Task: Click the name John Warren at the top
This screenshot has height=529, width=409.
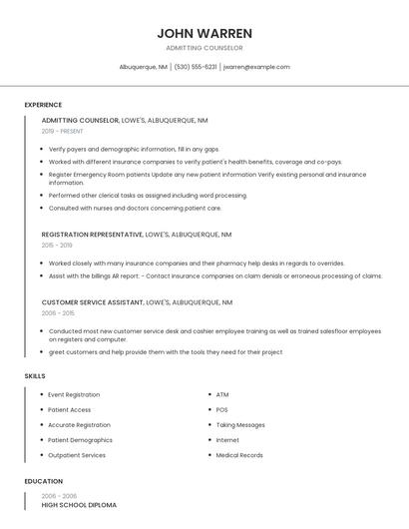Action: tap(204, 33)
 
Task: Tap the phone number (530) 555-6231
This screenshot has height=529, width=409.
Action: tap(196, 67)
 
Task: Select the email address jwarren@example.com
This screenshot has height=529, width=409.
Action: tap(256, 67)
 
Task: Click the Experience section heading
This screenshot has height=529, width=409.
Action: tap(43, 105)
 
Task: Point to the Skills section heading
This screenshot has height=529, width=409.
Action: tap(35, 376)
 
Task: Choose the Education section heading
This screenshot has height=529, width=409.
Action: tap(43, 481)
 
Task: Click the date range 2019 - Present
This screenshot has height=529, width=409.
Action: tap(62, 131)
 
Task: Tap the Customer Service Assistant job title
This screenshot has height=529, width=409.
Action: tap(92, 301)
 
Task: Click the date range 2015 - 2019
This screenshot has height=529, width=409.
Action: tap(57, 245)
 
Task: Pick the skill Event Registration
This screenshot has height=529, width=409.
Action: tap(74, 395)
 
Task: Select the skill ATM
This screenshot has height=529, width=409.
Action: tap(222, 395)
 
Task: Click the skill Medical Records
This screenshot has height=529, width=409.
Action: tap(239, 455)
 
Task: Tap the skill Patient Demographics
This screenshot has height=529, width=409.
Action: tap(80, 440)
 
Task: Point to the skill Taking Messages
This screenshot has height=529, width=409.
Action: tap(240, 425)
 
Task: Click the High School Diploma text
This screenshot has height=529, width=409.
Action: tap(79, 505)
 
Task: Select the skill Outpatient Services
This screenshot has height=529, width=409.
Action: tap(77, 455)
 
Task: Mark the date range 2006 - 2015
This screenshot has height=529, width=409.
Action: tap(57, 311)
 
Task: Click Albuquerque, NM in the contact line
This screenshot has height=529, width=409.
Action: tap(143, 67)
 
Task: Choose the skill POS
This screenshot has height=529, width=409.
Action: tap(221, 410)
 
